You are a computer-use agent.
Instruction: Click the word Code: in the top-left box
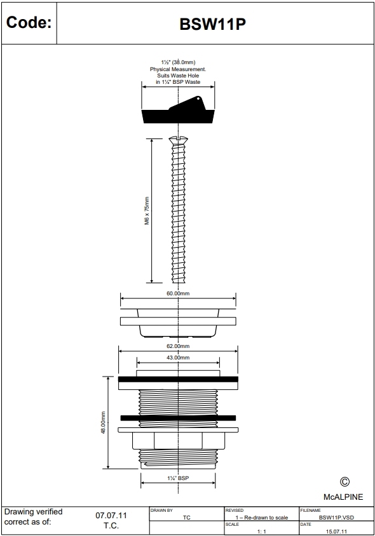28,23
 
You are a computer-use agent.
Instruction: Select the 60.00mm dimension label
178,294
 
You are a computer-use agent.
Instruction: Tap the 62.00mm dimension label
178,346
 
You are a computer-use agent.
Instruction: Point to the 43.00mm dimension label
178,358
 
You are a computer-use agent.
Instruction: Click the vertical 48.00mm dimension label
102,422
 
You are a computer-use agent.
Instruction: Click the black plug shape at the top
178,116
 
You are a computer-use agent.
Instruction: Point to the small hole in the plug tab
198,99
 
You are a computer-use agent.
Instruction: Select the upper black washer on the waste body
178,379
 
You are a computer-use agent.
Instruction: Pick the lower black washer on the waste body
178,418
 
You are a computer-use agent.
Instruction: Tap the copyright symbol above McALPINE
345,483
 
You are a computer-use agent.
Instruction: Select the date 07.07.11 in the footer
111,515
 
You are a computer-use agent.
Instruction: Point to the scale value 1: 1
261,530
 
